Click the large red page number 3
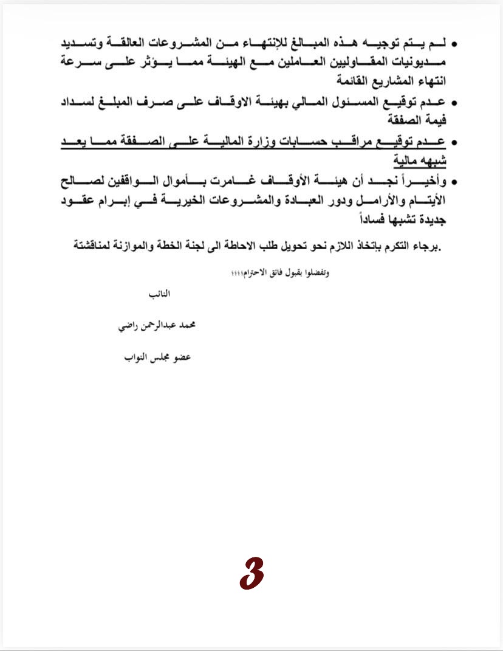[251, 574]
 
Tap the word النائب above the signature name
[160, 294]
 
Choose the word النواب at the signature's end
[129, 357]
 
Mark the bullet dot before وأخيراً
[455, 182]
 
